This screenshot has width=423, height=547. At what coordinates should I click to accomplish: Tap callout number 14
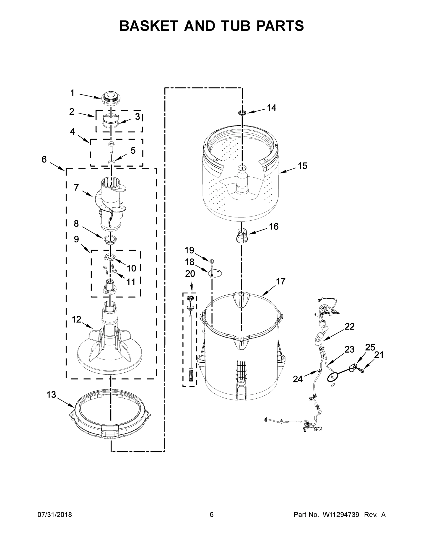271,108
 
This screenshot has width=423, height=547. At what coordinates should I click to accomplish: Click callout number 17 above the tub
281,281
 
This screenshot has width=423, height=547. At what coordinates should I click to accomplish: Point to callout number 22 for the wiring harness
350,326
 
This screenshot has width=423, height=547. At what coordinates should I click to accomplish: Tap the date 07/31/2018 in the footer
55,514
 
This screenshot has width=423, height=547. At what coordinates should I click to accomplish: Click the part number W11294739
341,514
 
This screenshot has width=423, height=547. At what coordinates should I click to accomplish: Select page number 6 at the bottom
212,514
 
